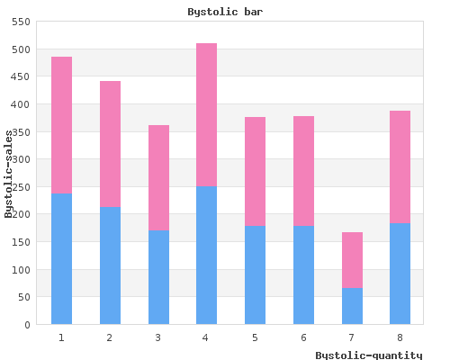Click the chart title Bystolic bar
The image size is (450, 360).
pyautogui.click(x=225, y=12)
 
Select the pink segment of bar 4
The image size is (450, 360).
pyautogui.click(x=207, y=115)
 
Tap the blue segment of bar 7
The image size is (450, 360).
pyautogui.click(x=352, y=306)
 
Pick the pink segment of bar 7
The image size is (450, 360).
pyautogui.click(x=352, y=260)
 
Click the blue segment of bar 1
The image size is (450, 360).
pyautogui.click(x=61, y=259)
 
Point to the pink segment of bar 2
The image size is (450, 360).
pyautogui.click(x=110, y=144)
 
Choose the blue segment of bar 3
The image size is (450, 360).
pyautogui.click(x=158, y=277)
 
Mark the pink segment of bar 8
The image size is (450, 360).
pyautogui.click(x=400, y=167)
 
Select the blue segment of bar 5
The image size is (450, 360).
pyautogui.click(x=255, y=275)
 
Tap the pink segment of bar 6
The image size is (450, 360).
pyautogui.click(x=303, y=171)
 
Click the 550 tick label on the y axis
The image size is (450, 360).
pyautogui.click(x=21, y=22)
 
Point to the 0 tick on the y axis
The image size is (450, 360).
pyautogui.click(x=28, y=325)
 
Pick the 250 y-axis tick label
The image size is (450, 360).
pyautogui.click(x=21, y=187)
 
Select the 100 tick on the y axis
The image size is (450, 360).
pyautogui.click(x=21, y=270)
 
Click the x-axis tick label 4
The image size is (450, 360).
pyautogui.click(x=205, y=337)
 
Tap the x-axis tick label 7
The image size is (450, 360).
pyautogui.click(x=351, y=337)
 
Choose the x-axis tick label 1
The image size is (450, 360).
pyautogui.click(x=61, y=337)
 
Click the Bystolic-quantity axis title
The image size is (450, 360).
pyautogui.click(x=369, y=355)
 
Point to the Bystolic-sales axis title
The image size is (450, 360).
pyautogui.click(x=9, y=174)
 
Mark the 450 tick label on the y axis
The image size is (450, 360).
pyautogui.click(x=21, y=76)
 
